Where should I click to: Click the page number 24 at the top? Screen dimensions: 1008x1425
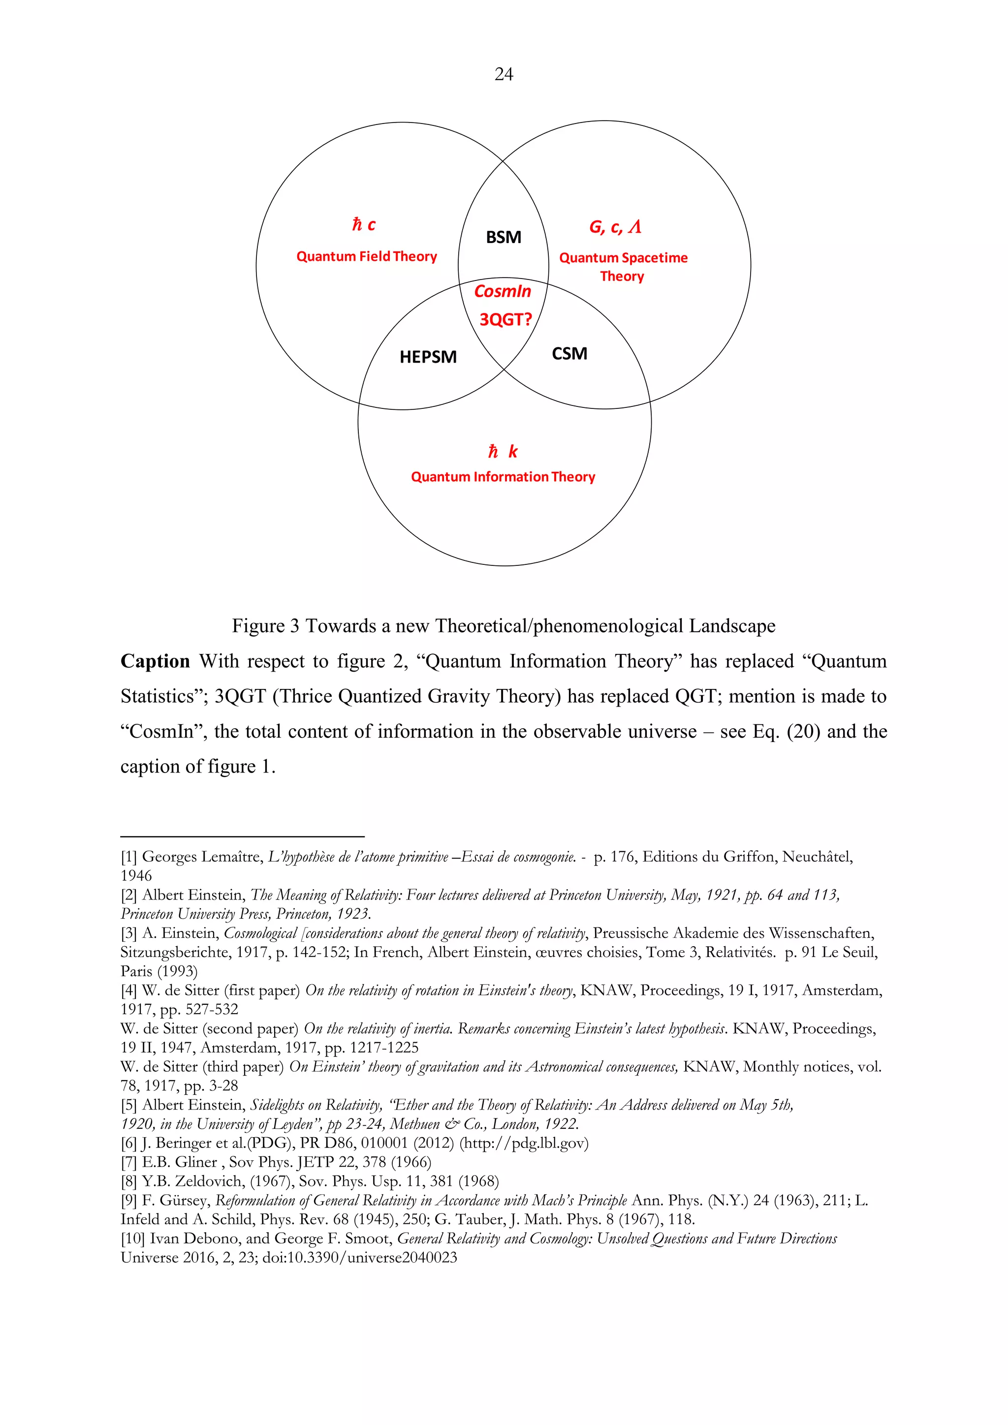[x=504, y=74]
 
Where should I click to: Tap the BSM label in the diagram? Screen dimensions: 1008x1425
[x=504, y=237]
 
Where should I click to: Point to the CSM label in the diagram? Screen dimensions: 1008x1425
[x=569, y=354]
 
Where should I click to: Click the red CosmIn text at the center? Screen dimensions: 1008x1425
[x=503, y=291]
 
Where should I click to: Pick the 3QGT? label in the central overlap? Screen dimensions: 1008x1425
[x=505, y=320]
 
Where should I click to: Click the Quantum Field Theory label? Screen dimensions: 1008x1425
[x=366, y=256]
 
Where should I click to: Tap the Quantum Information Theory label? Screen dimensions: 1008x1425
[x=503, y=477]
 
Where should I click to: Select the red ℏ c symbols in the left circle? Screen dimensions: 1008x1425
[x=364, y=225]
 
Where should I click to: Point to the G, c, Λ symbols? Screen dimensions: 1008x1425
[x=615, y=227]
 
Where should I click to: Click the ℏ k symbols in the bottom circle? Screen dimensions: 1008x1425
[x=503, y=451]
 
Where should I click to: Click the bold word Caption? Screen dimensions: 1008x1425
[x=155, y=661]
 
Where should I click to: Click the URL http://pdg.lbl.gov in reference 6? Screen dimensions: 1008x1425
[x=523, y=1143]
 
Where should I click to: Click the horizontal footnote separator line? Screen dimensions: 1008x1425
[x=242, y=836]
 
